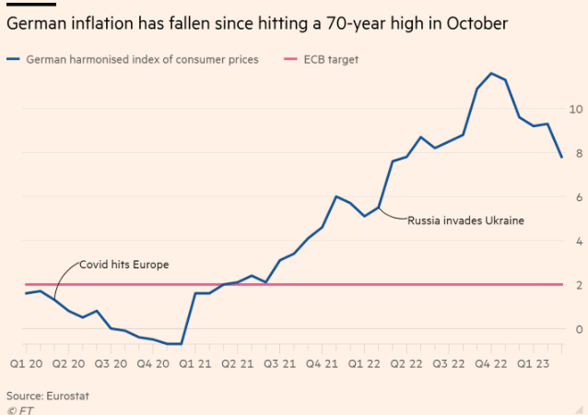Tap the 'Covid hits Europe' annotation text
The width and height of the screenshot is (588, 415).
point(123,265)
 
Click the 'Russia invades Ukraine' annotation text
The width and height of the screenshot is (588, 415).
point(465,221)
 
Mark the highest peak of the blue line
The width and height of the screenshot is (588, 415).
point(491,73)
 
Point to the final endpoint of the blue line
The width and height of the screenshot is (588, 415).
point(561,157)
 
